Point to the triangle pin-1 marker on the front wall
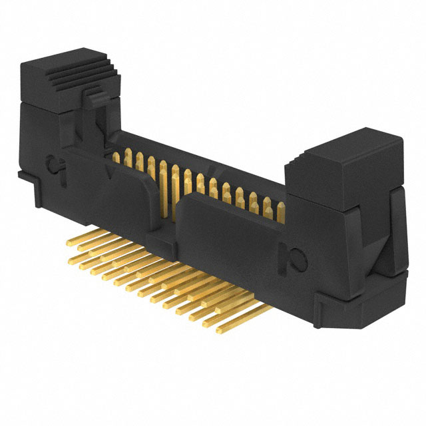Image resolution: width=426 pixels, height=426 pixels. [108, 172]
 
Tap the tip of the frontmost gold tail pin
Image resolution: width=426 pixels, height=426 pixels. [208, 327]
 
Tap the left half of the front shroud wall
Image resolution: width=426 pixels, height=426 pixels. [133, 200]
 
